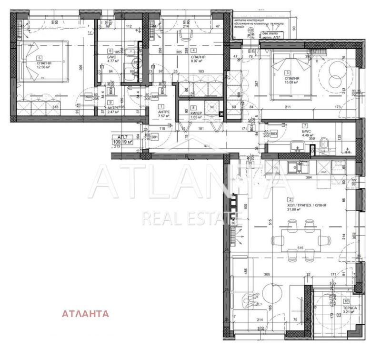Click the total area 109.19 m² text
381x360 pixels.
click(122, 142)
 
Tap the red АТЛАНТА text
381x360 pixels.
click(85, 314)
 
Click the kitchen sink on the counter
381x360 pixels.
click(301, 167)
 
